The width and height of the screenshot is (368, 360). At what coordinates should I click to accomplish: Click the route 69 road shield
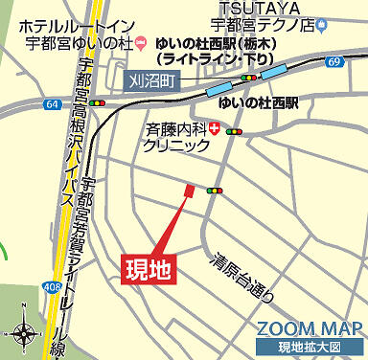pos(333,62)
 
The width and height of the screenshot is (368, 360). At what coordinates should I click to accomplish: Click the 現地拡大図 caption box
pos(310,346)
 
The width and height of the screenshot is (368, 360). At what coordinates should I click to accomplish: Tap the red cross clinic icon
pos(213,127)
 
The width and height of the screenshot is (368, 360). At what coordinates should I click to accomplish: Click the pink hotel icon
pos(141,41)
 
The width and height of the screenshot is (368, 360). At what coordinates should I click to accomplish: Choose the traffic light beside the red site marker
pos(213,191)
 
